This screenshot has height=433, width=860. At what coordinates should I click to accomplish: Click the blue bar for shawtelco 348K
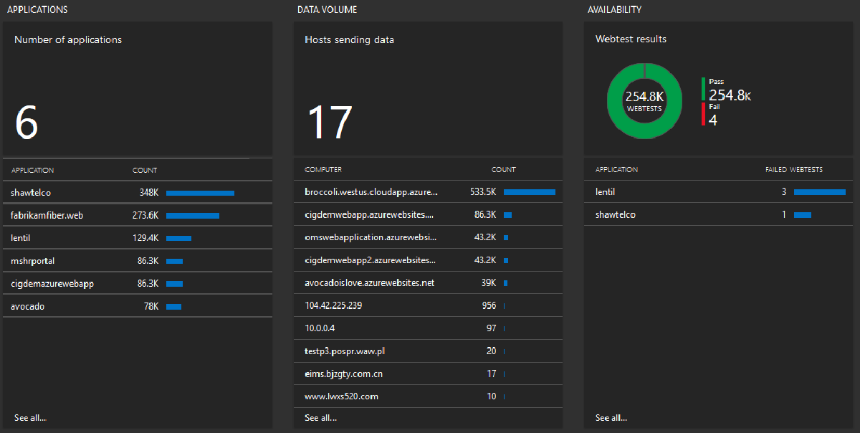[200, 193]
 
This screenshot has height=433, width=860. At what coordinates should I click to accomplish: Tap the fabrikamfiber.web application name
[47, 215]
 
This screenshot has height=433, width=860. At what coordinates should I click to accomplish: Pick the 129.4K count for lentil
[145, 238]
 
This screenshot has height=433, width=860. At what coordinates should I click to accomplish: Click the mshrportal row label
[32, 261]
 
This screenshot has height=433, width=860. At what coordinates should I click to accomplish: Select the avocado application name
[28, 307]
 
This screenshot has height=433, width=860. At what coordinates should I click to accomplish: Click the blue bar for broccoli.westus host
[529, 192]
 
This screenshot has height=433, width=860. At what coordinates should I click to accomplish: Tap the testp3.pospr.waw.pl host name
[345, 351]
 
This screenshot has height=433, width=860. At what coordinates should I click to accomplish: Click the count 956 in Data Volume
[489, 305]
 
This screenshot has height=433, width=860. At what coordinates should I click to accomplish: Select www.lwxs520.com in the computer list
[341, 396]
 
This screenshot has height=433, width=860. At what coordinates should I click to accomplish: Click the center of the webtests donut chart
[644, 100]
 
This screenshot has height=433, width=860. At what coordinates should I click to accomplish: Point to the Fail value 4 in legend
[712, 120]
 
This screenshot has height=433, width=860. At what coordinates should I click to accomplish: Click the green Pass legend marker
[704, 89]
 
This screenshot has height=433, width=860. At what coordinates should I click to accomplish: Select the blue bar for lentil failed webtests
[819, 192]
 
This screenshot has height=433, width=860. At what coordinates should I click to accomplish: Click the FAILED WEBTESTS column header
[793, 170]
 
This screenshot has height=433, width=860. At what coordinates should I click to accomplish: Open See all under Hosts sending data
[320, 418]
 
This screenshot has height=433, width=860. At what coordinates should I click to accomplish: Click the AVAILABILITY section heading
[614, 10]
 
